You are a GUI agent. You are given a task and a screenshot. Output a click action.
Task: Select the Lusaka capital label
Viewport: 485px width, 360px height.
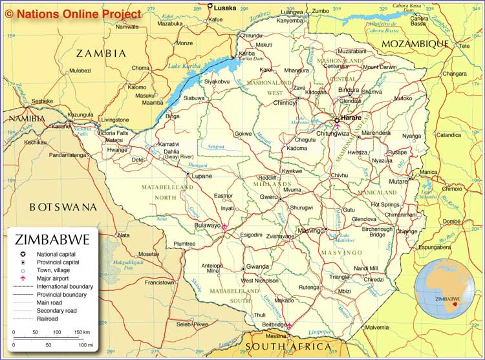pos(224,8)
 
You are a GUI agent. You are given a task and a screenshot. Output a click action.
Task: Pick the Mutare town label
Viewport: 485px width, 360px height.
pos(398,182)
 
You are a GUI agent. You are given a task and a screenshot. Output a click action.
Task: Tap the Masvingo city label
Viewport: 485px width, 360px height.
pos(310,231)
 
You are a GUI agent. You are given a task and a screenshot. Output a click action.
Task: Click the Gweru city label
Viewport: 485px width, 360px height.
pos(268,196)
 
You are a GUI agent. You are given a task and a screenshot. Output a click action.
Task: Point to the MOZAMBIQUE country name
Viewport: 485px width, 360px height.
pos(415,43)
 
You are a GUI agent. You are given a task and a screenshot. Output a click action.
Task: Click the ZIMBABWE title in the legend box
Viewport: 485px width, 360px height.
pos(52,240)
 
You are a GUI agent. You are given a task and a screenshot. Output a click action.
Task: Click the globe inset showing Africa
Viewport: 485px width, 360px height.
pos(444,288)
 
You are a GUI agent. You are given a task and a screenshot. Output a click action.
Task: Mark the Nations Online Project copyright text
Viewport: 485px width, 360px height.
pos(72,14)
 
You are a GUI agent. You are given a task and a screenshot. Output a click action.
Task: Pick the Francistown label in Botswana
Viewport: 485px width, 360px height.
pos(159,282)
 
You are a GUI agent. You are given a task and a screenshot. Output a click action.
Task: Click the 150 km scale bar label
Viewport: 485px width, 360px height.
pos(81,332)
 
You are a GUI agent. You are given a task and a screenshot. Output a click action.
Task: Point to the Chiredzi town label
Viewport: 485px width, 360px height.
pos(373,279)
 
